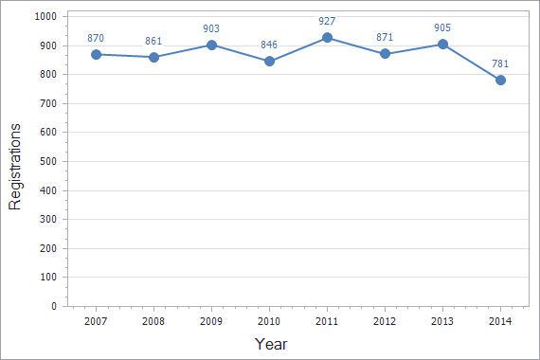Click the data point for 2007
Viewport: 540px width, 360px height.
(96, 55)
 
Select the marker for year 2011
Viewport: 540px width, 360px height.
(327, 38)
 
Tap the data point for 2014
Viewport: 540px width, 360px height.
(500, 81)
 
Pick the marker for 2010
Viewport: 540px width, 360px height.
(269, 62)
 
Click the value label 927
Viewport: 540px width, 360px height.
(327, 21)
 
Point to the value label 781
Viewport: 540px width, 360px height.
(500, 63)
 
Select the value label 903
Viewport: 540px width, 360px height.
(211, 28)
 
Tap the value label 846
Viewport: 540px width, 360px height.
(269, 45)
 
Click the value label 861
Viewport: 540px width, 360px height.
(153, 41)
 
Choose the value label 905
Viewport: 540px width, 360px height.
(442, 27)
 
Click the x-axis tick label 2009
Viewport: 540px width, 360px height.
(211, 321)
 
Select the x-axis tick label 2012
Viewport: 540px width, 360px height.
(385, 321)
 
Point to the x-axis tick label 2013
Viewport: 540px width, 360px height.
(442, 321)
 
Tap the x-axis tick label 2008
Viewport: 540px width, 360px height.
(153, 321)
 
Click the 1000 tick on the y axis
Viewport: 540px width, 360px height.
(44, 17)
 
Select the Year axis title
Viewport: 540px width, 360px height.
(271, 344)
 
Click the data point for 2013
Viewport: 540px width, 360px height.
(442, 45)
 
